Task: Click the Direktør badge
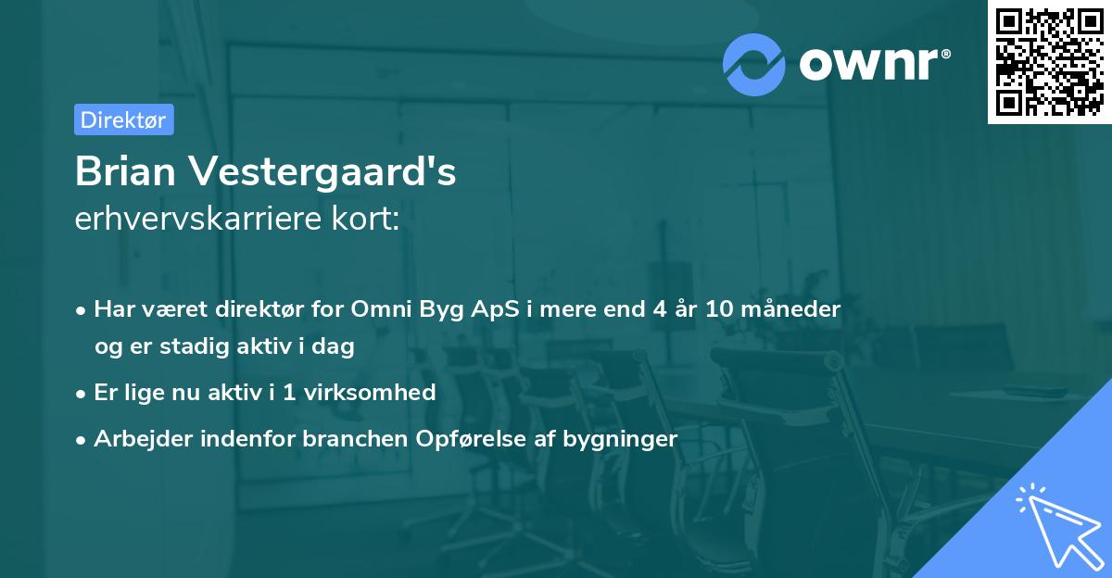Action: point(123,119)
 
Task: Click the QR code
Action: point(1049,62)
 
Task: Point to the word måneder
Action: point(796,309)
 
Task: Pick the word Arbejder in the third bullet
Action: point(137,438)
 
